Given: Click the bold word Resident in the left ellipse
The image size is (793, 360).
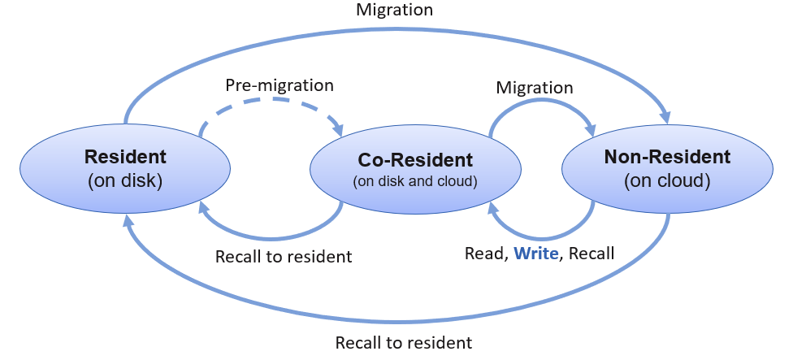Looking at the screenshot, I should [x=125, y=157].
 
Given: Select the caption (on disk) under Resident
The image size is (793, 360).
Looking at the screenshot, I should [x=125, y=180].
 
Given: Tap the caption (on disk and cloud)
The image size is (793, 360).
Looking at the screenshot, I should [x=414, y=181].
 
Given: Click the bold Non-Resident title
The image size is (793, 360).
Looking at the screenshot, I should [x=667, y=157].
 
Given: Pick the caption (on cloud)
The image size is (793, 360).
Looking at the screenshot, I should [x=667, y=180].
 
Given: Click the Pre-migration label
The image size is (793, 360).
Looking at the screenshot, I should [x=279, y=85].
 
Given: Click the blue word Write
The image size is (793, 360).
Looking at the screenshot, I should [x=536, y=254].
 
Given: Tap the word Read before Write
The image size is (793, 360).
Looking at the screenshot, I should [x=485, y=254].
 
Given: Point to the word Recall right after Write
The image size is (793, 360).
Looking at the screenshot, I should [x=591, y=254].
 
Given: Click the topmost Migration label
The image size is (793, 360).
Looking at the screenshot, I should [x=395, y=11].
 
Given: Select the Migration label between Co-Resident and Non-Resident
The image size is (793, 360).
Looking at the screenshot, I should [x=535, y=87].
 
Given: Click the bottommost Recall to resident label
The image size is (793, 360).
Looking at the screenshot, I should [x=404, y=342].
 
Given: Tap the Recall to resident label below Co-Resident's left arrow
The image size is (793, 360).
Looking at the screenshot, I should [x=284, y=257].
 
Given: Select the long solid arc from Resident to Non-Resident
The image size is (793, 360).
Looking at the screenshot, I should [x=395, y=32].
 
